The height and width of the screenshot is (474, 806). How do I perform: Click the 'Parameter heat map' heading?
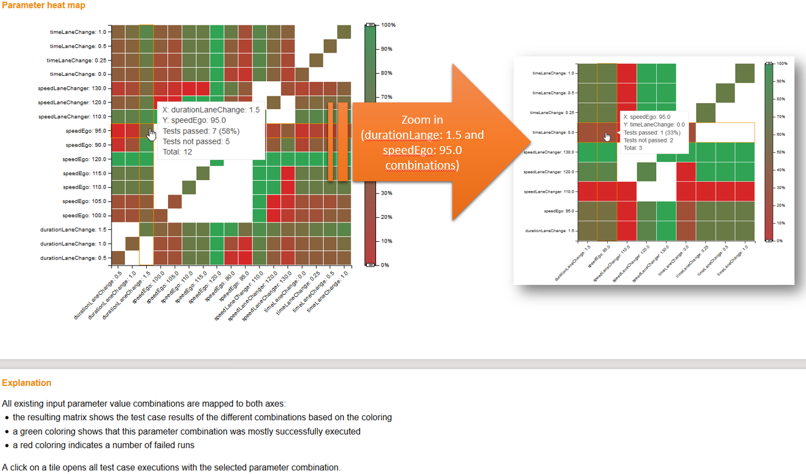(43, 5)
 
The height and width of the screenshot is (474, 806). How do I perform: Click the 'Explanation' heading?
(27, 383)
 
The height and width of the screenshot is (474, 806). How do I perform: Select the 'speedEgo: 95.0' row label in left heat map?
(86, 131)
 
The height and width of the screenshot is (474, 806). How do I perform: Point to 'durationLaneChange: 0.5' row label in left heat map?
(73, 258)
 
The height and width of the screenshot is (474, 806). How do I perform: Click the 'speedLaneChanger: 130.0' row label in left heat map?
(72, 88)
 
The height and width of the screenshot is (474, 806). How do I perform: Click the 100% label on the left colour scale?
(388, 25)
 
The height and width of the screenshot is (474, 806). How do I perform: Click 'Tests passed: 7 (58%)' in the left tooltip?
(201, 131)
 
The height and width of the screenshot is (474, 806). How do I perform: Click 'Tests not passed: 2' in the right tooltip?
(648, 140)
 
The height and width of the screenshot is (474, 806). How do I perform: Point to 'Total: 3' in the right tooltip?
(633, 148)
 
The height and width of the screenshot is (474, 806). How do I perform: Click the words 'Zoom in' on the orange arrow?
(422, 120)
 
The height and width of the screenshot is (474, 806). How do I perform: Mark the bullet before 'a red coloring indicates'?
(6, 446)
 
